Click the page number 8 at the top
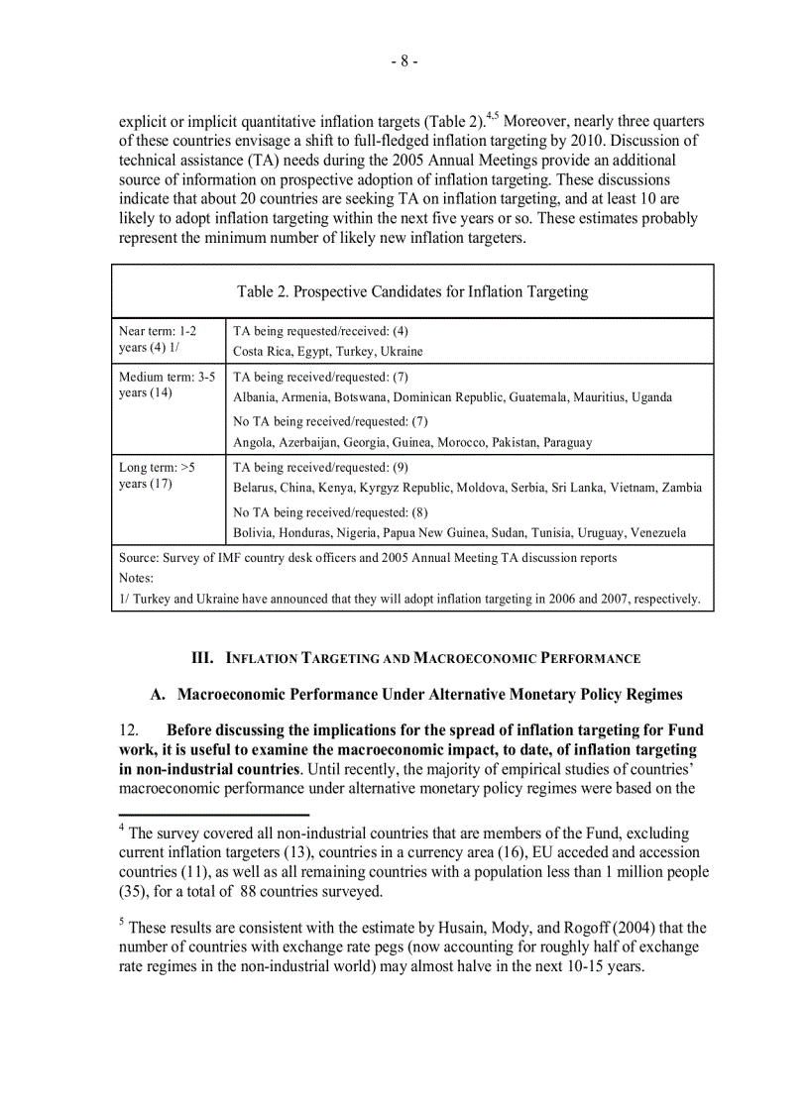tap(404, 61)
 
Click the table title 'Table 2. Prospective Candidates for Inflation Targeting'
tap(412, 291)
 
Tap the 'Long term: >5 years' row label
tap(158, 476)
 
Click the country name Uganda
tap(650, 396)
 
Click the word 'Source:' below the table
tap(139, 558)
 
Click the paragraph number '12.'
tap(130, 730)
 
